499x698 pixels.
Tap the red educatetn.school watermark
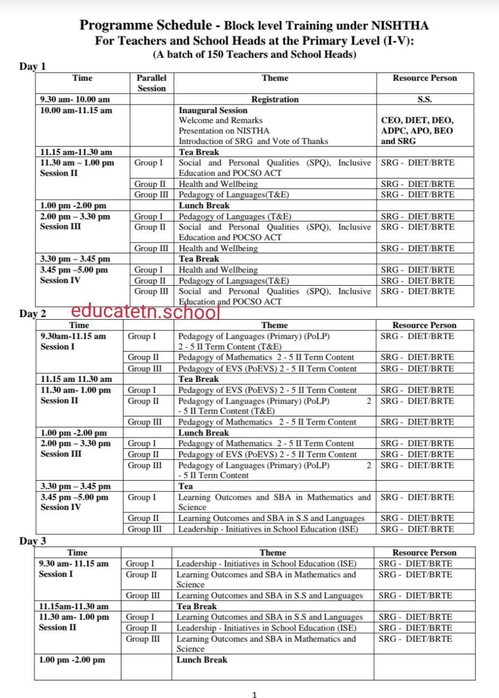(x=145, y=312)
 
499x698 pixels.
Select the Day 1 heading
(x=33, y=66)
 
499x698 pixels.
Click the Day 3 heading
(x=33, y=541)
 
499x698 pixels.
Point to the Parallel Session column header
(x=151, y=83)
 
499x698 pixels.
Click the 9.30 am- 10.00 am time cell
(x=75, y=99)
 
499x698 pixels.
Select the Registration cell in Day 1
(x=274, y=99)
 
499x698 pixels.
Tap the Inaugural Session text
(x=213, y=110)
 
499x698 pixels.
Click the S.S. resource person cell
(x=424, y=99)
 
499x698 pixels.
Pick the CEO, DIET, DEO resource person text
(x=417, y=121)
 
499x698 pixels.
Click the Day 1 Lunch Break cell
(x=204, y=206)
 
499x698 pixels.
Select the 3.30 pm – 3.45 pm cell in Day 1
(x=75, y=259)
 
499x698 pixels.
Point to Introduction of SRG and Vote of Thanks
(x=253, y=141)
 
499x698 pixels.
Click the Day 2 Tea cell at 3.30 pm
(x=186, y=486)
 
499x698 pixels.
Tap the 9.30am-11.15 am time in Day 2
(x=73, y=336)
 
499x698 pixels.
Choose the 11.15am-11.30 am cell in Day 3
(x=73, y=606)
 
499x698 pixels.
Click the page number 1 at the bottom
(x=255, y=694)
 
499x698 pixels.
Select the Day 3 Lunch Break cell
(x=202, y=660)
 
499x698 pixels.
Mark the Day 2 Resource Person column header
(x=424, y=325)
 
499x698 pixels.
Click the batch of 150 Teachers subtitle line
(x=254, y=54)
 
